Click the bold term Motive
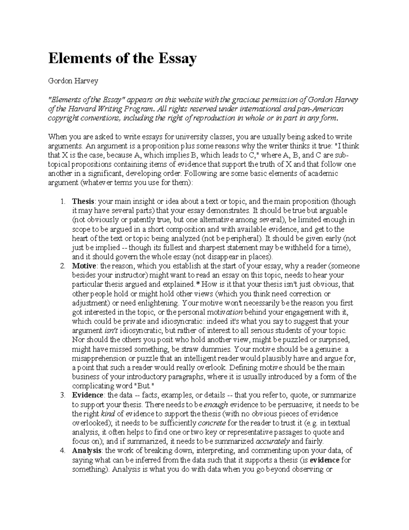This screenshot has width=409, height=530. [x=84, y=266]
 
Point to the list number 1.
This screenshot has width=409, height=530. [x=63, y=201]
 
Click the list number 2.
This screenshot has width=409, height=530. [x=63, y=266]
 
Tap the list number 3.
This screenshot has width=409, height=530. [x=63, y=396]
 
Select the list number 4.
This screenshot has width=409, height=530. [x=63, y=451]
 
